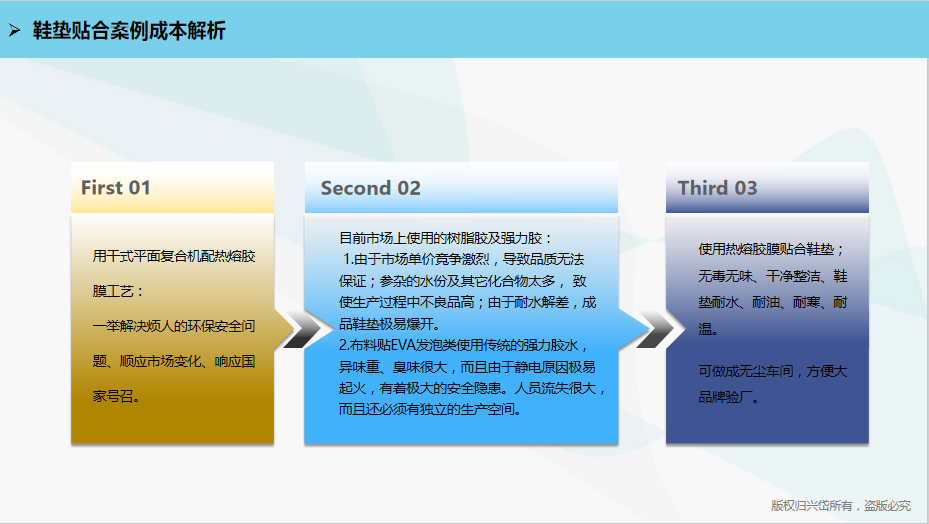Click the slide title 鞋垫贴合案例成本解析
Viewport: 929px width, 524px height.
[x=129, y=31]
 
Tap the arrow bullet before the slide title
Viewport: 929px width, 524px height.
[x=15, y=30]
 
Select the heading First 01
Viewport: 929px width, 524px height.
[x=116, y=188]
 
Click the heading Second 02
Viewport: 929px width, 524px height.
[x=370, y=188]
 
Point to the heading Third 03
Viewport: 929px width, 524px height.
[x=717, y=188]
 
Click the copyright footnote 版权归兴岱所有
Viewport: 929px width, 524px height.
[x=812, y=506]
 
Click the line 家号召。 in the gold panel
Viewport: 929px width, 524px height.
[x=116, y=396]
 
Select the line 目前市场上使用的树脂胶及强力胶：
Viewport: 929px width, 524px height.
[x=446, y=238]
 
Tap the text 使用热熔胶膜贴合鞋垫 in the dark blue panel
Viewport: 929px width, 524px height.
[x=766, y=249]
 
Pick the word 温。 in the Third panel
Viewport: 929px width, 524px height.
[x=708, y=329]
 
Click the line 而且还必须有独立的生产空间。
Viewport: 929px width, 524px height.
[x=430, y=410]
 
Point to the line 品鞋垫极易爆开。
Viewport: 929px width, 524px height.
[x=390, y=324]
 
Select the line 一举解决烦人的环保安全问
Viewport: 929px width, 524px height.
[x=174, y=326]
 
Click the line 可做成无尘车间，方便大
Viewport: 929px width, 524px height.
[x=773, y=371]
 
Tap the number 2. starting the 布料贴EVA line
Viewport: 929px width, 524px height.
[x=344, y=346]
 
